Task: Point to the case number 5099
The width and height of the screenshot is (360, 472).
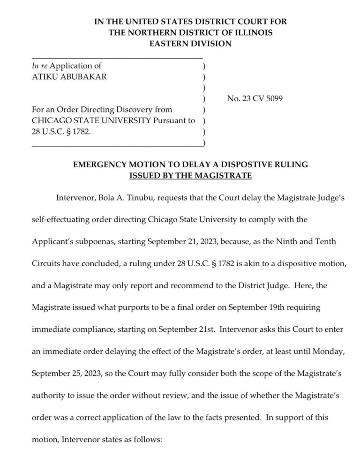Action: tap(272, 99)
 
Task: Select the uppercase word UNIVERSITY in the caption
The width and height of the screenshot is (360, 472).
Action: tap(125, 121)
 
